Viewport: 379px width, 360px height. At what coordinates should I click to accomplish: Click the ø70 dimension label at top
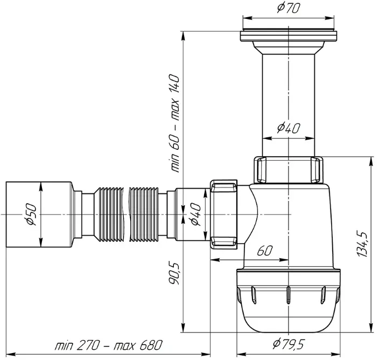[x=289, y=8]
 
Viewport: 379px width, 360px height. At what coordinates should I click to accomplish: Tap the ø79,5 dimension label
[x=288, y=344]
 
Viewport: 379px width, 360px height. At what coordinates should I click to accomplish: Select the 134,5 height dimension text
[x=362, y=244]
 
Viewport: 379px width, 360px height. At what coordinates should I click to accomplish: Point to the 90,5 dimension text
[x=174, y=273]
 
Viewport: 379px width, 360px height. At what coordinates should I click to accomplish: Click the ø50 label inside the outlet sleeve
[x=31, y=214]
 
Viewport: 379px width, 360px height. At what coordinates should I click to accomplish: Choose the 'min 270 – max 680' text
[x=109, y=345]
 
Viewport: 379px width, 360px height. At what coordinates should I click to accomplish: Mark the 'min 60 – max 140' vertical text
[x=175, y=123]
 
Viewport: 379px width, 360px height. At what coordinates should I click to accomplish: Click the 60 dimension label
[x=265, y=251]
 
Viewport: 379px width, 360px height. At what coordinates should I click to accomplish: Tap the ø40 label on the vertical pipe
[x=289, y=128]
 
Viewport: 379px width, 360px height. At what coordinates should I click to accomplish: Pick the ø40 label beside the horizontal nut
[x=195, y=214]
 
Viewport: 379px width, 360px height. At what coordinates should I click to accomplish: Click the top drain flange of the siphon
[x=289, y=36]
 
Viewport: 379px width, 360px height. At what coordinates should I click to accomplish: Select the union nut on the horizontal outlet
[x=223, y=214]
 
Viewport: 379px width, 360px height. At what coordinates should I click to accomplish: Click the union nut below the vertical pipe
[x=289, y=170]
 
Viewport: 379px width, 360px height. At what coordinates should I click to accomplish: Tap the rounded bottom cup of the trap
[x=289, y=300]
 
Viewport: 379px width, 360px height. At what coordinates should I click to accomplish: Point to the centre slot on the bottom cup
[x=288, y=295]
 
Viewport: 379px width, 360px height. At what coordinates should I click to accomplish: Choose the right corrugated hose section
[x=144, y=214]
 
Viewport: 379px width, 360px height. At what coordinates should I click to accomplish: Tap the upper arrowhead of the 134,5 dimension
[x=370, y=161]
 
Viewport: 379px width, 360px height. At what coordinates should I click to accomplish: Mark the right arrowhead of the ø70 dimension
[x=329, y=18]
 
